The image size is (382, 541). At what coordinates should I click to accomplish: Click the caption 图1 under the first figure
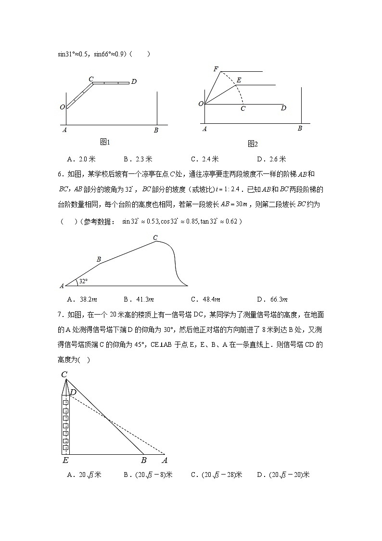[x=105, y=142]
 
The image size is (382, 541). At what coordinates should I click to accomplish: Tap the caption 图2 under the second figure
[x=253, y=144]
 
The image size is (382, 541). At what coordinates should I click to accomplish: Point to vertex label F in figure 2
[x=216, y=69]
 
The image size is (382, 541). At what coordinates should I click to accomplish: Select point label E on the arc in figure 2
[x=239, y=80]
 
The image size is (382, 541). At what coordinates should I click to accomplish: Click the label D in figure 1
[x=134, y=82]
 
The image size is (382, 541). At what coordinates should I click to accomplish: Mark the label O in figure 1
[x=63, y=107]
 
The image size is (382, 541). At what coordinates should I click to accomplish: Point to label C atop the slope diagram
[x=155, y=237]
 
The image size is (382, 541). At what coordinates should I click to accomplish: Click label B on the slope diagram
[x=99, y=260]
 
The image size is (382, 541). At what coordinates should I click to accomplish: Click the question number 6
[x=59, y=174]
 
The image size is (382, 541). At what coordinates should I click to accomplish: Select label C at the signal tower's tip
[x=64, y=374]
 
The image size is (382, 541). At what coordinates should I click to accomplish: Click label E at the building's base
[x=65, y=461]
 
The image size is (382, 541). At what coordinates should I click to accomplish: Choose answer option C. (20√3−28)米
[x=216, y=475]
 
